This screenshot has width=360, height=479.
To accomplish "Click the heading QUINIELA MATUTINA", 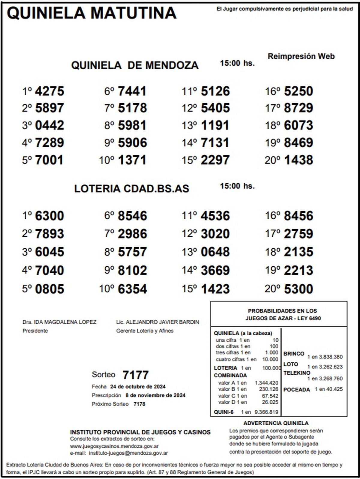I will coord(91,13).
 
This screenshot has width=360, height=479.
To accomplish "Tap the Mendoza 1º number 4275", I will coord(49,91).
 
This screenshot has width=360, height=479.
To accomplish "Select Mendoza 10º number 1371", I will coord(132,160).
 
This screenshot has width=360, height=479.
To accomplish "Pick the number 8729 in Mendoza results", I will coord(298,108).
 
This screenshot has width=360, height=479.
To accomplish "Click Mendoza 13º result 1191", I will coord(215,125).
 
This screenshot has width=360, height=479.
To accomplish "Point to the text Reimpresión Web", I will coord(301,56).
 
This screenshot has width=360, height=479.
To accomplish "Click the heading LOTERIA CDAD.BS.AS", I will coord(132,189).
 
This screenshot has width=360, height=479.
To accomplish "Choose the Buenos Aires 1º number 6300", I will coord(49,216).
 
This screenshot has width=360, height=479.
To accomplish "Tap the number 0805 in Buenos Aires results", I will coord(49,289).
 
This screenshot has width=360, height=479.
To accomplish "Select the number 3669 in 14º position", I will coord(215,271).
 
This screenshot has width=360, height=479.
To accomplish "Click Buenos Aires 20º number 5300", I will coord(298,289).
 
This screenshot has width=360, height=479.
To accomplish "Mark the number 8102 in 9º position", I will coord(132,271).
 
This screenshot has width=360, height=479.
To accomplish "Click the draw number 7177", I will coord(136,375).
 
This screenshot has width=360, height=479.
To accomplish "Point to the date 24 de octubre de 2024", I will coord(138,387).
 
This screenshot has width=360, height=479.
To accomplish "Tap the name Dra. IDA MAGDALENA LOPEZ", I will coord(59,322).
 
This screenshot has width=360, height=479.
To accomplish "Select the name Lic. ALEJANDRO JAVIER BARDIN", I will coord(157,322).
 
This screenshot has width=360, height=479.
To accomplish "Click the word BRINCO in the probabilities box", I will coord(294,354).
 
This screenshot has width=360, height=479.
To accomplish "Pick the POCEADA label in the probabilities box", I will coord(296,390).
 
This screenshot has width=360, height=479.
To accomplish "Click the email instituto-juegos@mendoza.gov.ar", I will coord(128,453).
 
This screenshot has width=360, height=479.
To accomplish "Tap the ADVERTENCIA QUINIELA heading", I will coord(276,423).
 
